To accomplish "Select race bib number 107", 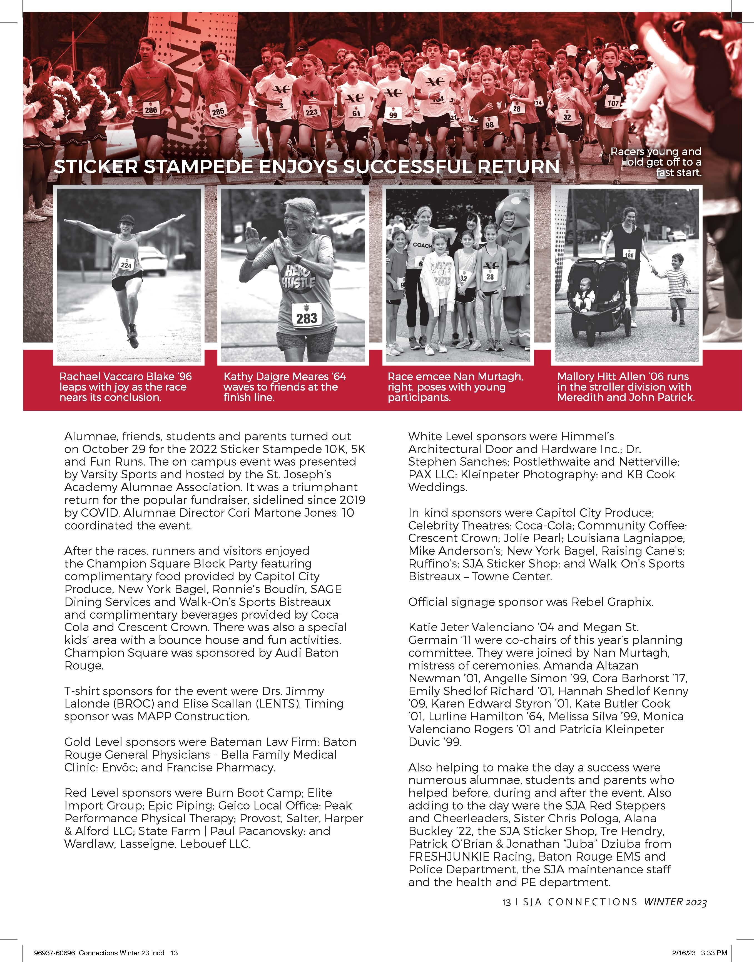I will pyautogui.click(x=613, y=103).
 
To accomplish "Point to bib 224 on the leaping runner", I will pyautogui.click(x=126, y=266).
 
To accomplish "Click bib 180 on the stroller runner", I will pyautogui.click(x=629, y=255).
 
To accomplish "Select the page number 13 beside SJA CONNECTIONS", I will pyautogui.click(x=506, y=903).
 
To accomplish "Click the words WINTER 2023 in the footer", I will pyautogui.click(x=675, y=903).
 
